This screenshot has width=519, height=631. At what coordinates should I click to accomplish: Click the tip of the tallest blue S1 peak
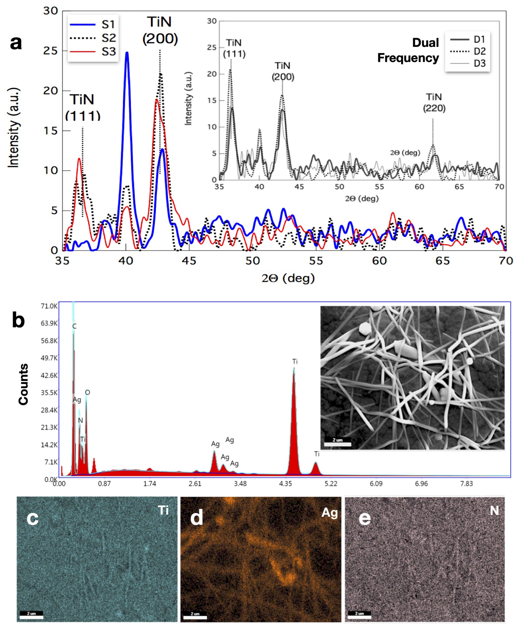(127, 53)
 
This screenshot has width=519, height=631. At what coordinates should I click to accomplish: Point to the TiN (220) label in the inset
(434, 103)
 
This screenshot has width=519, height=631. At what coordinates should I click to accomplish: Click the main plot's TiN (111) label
(82, 107)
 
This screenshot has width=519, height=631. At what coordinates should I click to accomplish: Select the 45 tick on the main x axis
(189, 261)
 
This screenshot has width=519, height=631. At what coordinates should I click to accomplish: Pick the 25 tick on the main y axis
(50, 51)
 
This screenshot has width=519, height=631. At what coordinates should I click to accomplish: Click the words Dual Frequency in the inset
(408, 50)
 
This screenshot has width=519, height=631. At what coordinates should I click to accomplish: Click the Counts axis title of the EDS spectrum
(23, 384)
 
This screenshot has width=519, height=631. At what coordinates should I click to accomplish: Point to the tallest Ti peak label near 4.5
(295, 362)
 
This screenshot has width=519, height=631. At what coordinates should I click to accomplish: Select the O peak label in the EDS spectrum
(87, 392)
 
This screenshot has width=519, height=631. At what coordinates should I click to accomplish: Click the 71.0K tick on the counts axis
(49, 306)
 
